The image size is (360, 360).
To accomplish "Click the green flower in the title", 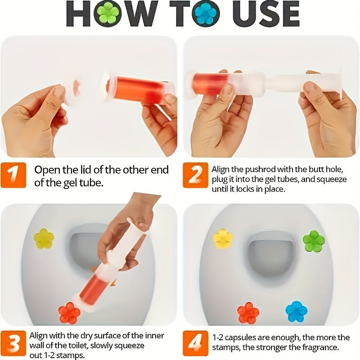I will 108,13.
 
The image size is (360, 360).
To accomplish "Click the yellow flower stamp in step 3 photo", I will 44,238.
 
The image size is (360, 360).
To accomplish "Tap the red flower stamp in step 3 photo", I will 69,313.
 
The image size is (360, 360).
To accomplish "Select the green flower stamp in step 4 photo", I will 314,241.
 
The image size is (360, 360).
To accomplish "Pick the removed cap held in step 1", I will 72,90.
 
